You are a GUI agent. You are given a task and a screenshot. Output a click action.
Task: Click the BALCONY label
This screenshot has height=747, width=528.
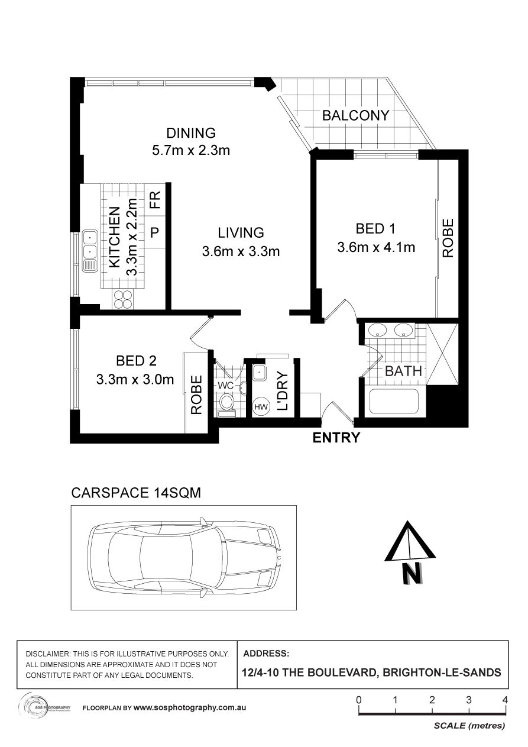pos(356,115)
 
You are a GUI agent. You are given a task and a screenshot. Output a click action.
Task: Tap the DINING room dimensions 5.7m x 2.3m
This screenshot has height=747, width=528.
pos(191,150)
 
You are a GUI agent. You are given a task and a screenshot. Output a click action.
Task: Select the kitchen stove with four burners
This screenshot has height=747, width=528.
pos(124,299)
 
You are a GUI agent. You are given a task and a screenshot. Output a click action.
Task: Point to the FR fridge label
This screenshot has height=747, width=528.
pos(155,200)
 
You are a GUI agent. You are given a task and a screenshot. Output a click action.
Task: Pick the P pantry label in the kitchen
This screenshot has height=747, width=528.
pos(155,232)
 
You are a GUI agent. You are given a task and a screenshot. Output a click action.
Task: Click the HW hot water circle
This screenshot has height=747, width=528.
pos(261,407)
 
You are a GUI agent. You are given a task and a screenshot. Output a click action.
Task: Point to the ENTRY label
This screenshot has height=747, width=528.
pos(336,438)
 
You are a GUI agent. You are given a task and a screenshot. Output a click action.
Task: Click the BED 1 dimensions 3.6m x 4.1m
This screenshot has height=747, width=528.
pos(376,247)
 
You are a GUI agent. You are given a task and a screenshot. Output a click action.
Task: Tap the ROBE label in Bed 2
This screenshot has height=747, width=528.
pos(197,395)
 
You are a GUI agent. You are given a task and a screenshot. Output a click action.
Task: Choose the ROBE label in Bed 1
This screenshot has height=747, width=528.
pos(448,238)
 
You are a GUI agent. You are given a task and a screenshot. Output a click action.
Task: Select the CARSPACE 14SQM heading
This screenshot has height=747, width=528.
pos(136,493)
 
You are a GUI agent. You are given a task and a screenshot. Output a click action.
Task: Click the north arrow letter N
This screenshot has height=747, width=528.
pos(413,573)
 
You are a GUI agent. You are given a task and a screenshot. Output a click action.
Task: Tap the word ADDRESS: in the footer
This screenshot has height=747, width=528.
pos(266,654)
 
